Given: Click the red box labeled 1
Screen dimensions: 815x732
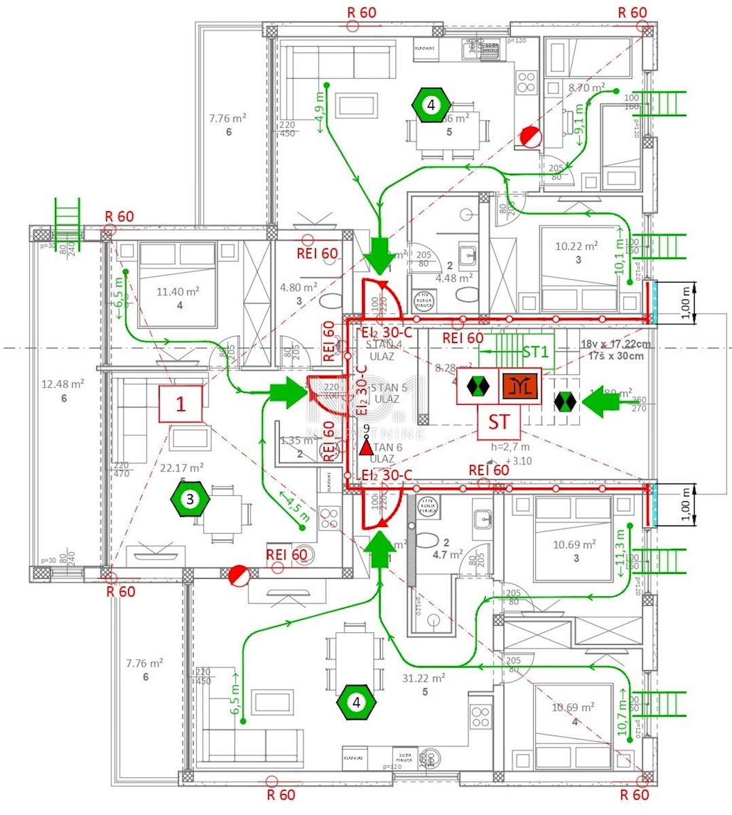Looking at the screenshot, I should click(x=181, y=404).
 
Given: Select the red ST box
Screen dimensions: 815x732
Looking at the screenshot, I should click(x=498, y=422).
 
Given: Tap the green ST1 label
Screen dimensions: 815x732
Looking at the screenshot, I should click(x=536, y=352).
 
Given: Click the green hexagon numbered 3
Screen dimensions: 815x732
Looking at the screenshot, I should click(x=189, y=499).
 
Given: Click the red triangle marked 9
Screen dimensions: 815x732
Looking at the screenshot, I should click(x=366, y=447).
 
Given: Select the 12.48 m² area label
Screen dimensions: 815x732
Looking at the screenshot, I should click(x=62, y=384).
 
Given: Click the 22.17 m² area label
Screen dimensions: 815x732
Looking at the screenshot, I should click(x=182, y=467).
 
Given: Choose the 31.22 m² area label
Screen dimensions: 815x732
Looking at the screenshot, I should click(x=424, y=678).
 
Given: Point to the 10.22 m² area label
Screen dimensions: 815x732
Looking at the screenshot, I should click(x=577, y=247).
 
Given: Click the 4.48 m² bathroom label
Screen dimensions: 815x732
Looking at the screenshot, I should click(x=454, y=278).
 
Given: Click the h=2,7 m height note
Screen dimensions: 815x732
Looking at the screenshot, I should click(x=511, y=447).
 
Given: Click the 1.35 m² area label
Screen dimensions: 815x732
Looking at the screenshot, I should click(x=297, y=441).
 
